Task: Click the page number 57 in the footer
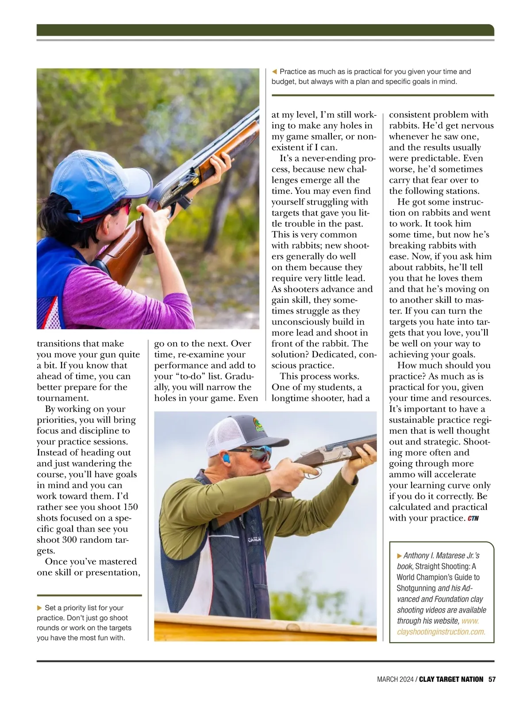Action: coord(492,679)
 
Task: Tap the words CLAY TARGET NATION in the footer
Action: coord(451,679)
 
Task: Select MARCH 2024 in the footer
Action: coord(395,679)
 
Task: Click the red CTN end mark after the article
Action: coord(473,518)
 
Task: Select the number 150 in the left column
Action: coord(129,507)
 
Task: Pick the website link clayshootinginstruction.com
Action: coord(441,632)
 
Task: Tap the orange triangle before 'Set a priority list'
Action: coord(40,608)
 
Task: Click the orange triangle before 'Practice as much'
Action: coord(274,72)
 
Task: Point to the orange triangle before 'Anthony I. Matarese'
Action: coord(400,555)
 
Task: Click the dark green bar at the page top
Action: coord(265,30)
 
